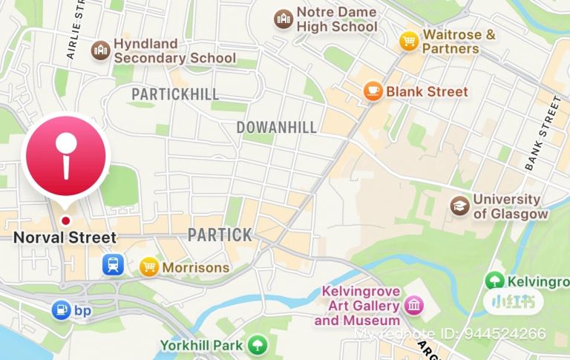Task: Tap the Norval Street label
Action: pyautogui.click(x=65, y=238)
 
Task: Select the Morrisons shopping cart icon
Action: pyautogui.click(x=150, y=266)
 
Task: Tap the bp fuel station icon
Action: pyautogui.click(x=60, y=310)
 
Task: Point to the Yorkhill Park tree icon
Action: pyautogui.click(x=257, y=345)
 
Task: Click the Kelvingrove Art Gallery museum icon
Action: pyautogui.click(x=413, y=304)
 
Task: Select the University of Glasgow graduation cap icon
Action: pyautogui.click(x=460, y=206)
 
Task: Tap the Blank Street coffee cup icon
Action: pyautogui.click(x=373, y=91)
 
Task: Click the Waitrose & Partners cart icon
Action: pyautogui.click(x=408, y=40)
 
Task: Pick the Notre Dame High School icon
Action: pyautogui.click(x=283, y=19)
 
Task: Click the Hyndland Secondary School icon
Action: pyautogui.click(x=99, y=50)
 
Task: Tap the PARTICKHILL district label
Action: pyautogui.click(x=175, y=94)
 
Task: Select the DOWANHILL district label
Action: pyautogui.click(x=276, y=127)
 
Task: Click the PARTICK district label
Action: pyautogui.click(x=219, y=235)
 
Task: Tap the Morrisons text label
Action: pyautogui.click(x=195, y=266)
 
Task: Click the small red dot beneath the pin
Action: pyautogui.click(x=66, y=220)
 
